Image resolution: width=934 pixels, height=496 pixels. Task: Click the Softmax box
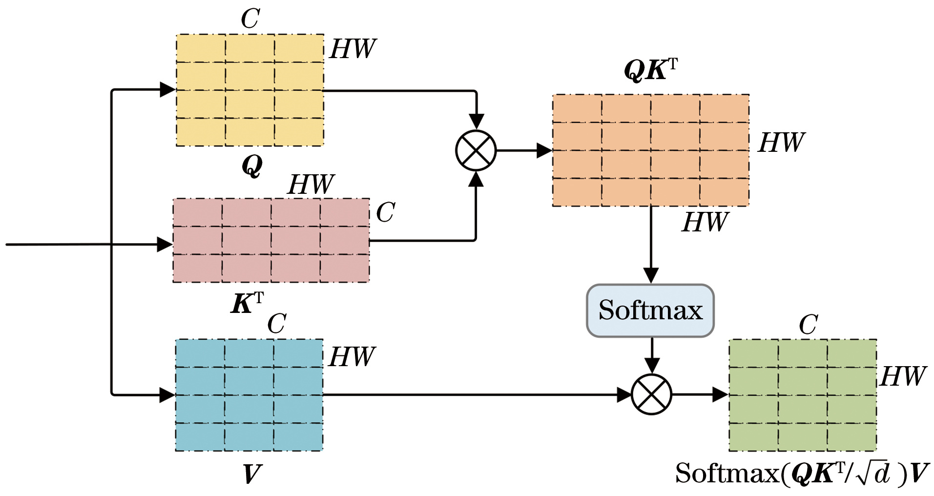click(x=650, y=310)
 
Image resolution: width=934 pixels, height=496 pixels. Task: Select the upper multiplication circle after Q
click(x=476, y=150)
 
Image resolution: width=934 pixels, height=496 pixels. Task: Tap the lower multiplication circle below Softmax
click(x=651, y=394)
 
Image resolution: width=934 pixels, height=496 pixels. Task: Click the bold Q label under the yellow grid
click(x=252, y=166)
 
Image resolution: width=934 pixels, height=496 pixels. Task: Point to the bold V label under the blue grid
click(x=252, y=474)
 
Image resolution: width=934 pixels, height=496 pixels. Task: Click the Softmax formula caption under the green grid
click(x=802, y=473)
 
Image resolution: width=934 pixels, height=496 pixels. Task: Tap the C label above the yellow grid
click(x=250, y=20)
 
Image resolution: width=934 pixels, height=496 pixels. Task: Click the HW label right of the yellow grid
click(x=353, y=49)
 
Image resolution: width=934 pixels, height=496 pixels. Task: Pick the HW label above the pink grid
click(x=311, y=185)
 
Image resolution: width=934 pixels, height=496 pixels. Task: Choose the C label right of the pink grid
click(x=385, y=212)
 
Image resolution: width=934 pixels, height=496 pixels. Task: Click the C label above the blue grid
click(x=276, y=324)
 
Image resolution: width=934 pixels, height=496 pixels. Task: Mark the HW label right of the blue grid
click(x=352, y=357)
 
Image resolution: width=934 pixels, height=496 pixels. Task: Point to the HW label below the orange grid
click(x=705, y=222)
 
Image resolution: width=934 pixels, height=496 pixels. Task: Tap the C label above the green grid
click(x=808, y=325)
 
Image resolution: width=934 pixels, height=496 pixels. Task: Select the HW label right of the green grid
click(x=903, y=376)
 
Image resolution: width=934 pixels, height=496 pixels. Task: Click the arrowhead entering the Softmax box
click(x=651, y=275)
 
